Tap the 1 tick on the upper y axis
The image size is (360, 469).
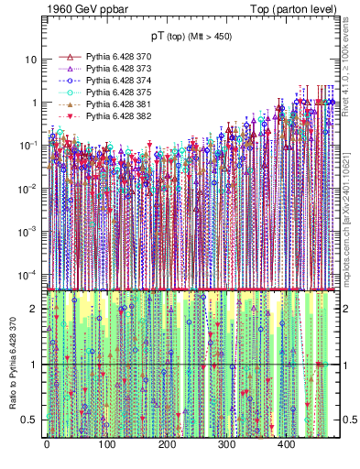click(33, 102)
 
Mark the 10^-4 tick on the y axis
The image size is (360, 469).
click(26, 274)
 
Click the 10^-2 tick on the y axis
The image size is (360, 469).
click(26, 188)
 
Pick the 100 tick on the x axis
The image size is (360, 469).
click(106, 444)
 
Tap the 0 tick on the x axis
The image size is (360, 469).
click(47, 444)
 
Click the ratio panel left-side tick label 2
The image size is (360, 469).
click(35, 309)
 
